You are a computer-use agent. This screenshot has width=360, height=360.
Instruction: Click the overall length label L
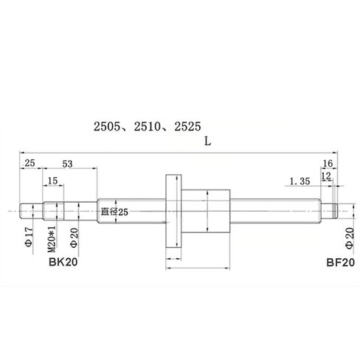pyautogui.click(x=209, y=145)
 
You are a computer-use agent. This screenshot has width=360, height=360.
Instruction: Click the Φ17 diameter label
pyautogui.click(x=29, y=238)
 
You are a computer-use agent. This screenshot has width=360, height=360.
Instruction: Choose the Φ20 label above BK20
pyautogui.click(x=74, y=238)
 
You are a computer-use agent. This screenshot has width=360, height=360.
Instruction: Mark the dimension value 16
pyautogui.click(x=328, y=165)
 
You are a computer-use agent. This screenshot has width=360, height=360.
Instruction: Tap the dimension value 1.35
pyautogui.click(x=300, y=181)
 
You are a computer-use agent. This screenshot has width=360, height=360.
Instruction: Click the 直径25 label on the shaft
pyautogui.click(x=114, y=212)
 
